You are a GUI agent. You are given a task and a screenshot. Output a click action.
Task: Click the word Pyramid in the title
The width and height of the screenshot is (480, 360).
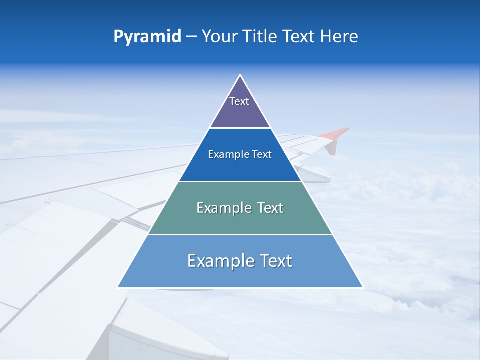147,37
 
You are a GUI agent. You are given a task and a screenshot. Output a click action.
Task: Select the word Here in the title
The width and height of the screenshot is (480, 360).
339,37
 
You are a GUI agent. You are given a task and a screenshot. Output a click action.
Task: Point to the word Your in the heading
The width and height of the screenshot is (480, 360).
219,37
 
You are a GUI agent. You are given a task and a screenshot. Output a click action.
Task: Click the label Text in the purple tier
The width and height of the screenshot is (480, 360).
239,101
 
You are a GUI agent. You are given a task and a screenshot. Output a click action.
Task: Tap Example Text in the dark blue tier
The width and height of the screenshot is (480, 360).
240,154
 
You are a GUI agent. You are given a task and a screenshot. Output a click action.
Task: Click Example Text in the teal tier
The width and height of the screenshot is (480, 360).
240,208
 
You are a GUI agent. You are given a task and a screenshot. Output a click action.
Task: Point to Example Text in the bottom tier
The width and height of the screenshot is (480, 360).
240,261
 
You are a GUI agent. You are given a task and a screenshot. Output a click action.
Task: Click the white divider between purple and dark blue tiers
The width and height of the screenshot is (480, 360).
240,128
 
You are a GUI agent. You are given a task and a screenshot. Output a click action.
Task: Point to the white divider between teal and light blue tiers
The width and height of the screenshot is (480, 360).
240,234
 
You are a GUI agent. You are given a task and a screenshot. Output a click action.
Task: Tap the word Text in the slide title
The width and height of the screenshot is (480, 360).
299,37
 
